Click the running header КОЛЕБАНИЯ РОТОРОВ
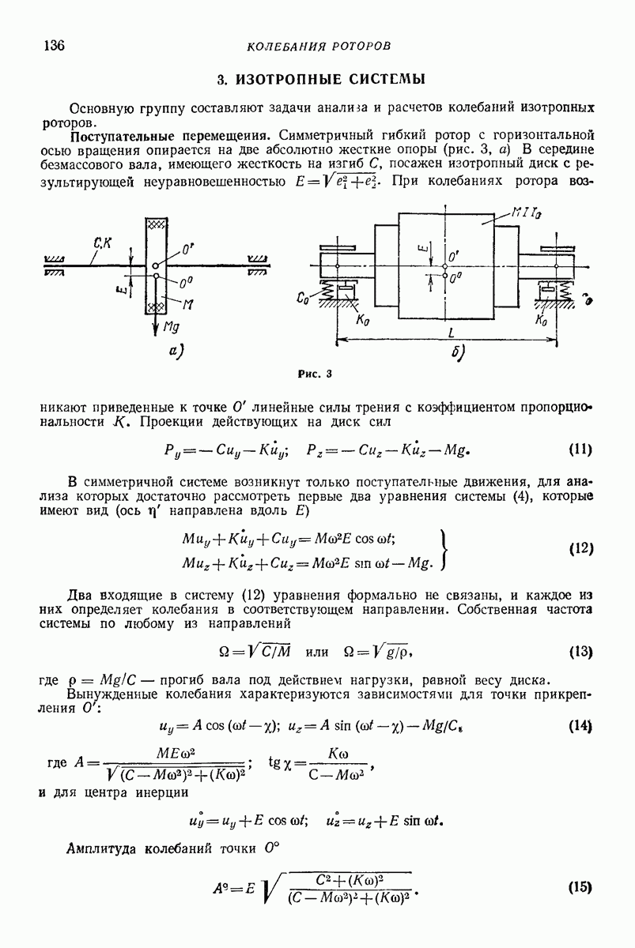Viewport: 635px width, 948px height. [319, 47]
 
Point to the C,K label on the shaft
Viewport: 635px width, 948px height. [102, 246]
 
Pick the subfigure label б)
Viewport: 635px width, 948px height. [458, 353]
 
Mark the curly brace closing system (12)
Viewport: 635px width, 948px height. [448, 548]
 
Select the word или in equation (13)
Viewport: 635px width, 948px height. [316, 653]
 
